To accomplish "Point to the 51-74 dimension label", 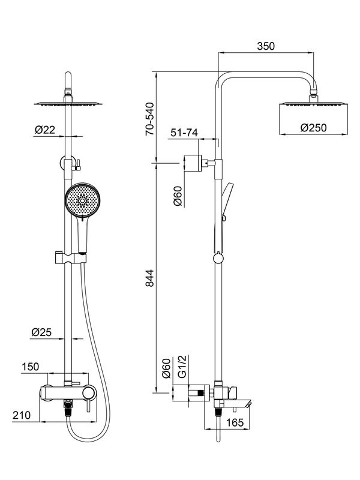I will [184, 133].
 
